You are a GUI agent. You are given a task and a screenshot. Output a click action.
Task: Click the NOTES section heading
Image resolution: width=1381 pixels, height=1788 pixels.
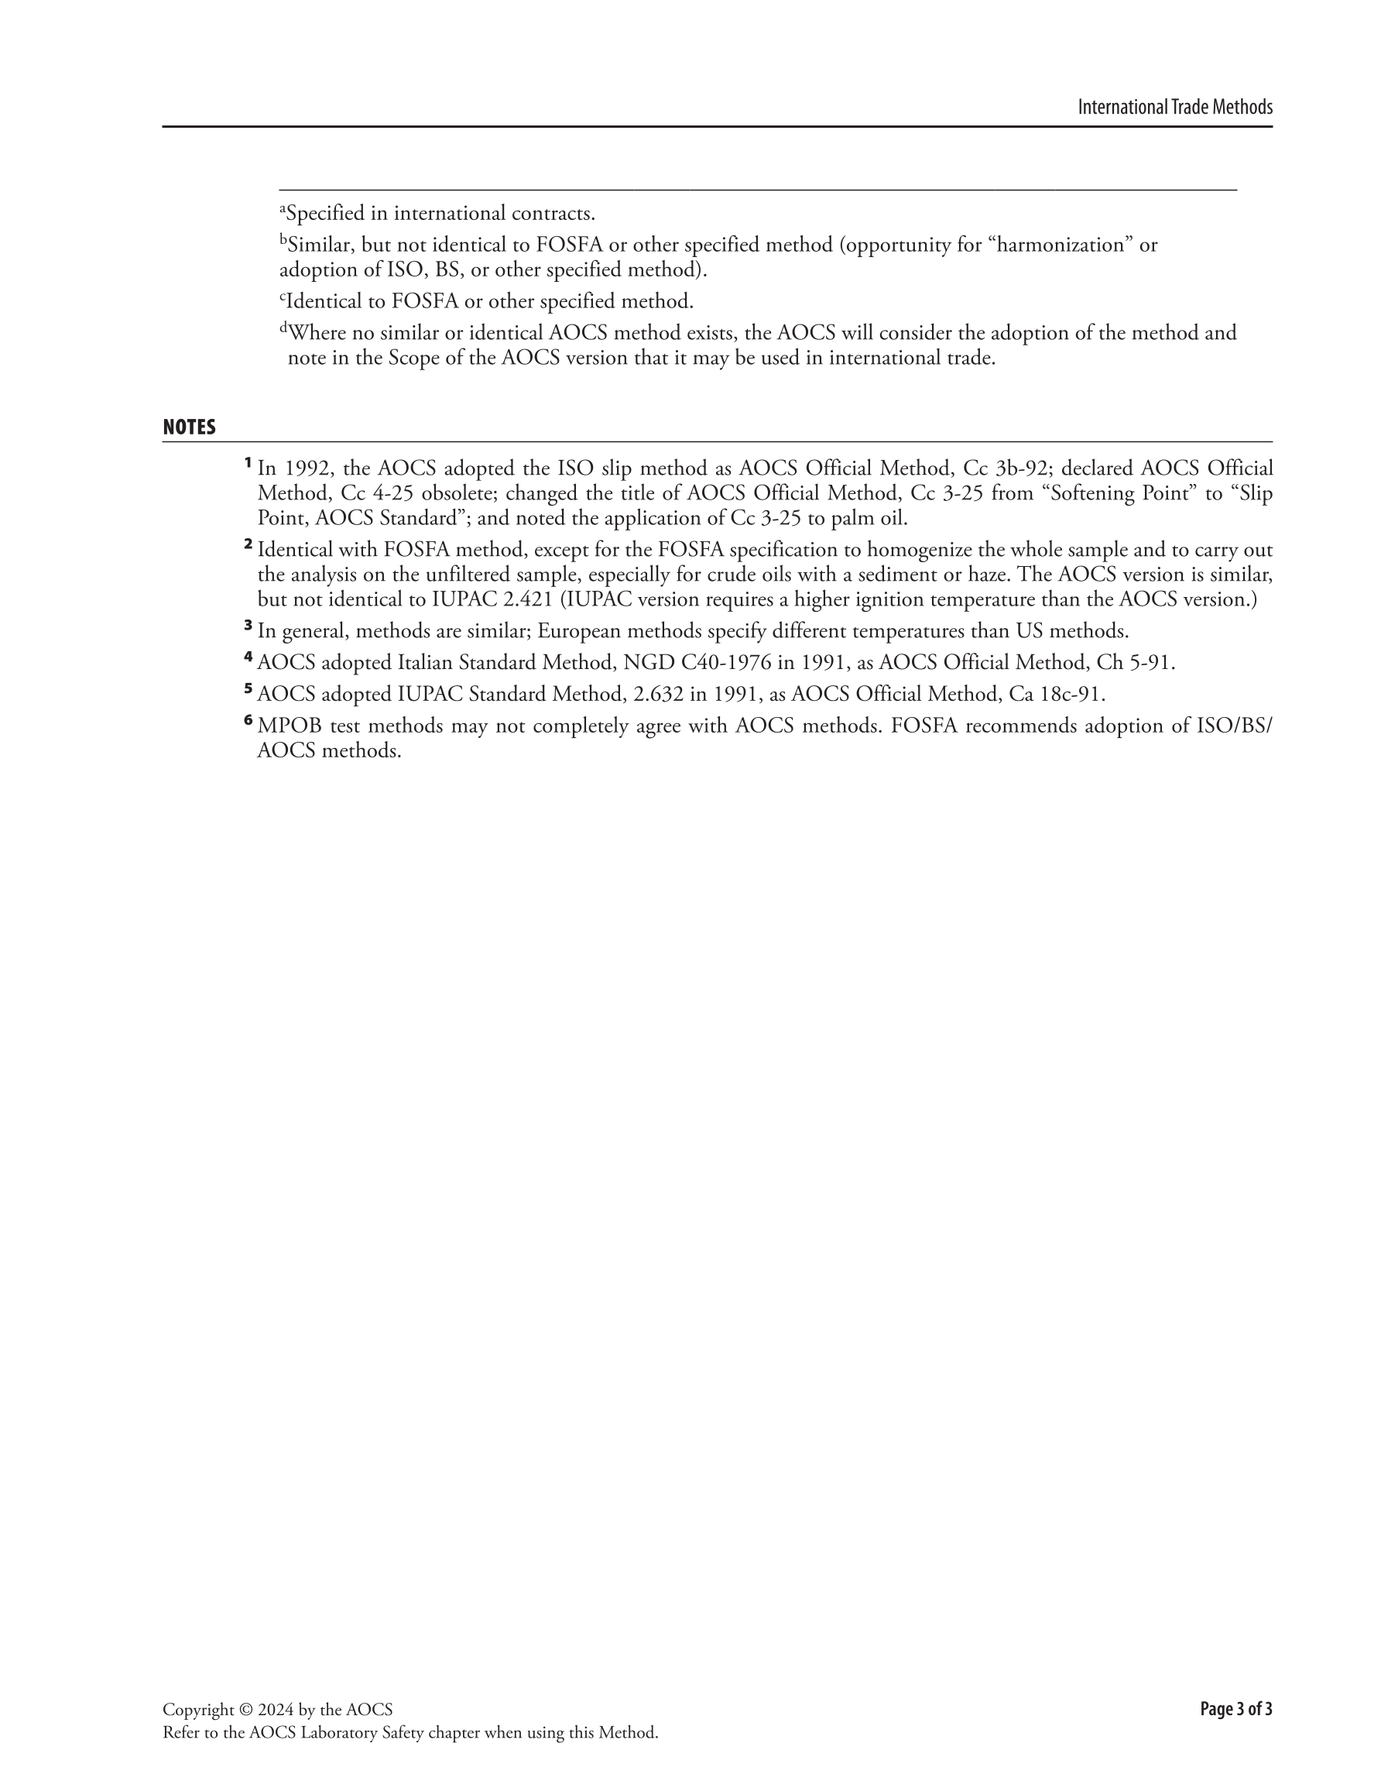pos(189,427)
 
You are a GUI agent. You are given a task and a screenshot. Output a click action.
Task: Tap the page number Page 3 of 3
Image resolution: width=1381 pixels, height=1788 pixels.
pos(1235,1708)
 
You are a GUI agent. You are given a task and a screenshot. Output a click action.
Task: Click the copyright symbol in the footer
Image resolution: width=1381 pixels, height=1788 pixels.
pos(246,1710)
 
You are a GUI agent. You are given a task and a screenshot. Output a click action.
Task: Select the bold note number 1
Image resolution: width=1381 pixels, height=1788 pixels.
pos(247,463)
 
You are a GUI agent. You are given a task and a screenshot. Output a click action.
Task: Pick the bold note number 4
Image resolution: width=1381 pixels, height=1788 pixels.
pos(248,657)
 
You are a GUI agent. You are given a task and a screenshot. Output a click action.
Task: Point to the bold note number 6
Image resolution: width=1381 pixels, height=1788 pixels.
pos(248,720)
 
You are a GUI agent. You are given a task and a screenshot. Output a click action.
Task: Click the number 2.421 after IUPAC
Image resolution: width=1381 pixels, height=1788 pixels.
pos(528,599)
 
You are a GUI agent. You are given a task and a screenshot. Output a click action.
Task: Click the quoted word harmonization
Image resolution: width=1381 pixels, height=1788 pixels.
pos(1063,245)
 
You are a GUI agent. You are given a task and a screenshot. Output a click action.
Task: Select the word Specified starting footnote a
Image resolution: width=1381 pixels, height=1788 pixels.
pos(324,214)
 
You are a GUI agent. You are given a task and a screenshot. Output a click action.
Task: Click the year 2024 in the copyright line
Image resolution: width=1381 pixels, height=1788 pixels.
pos(276,1710)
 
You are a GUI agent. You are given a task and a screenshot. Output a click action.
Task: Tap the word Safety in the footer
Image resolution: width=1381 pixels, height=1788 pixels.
pos(454,1732)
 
